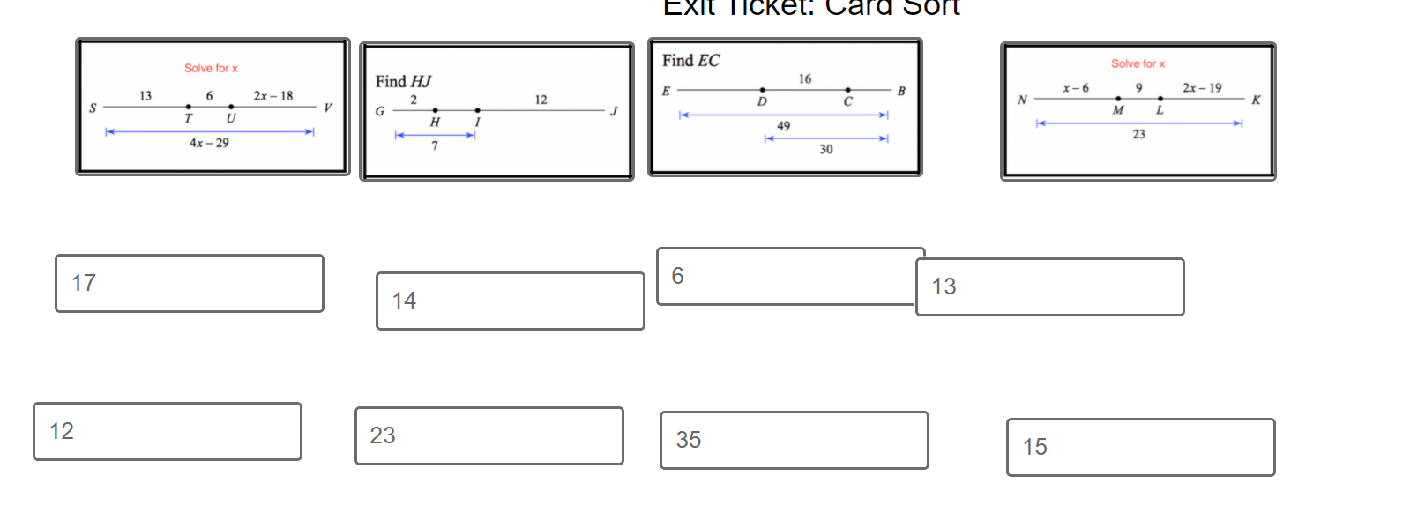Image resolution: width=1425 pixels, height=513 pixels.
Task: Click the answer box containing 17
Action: pyautogui.click(x=189, y=283)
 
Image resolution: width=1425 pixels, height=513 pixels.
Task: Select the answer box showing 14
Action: pyautogui.click(x=510, y=301)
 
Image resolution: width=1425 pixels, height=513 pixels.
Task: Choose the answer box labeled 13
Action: pyautogui.click(x=1049, y=286)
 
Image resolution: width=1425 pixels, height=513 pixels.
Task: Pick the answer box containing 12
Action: pyautogui.click(x=167, y=431)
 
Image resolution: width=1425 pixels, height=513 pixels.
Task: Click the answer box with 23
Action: pyautogui.click(x=489, y=435)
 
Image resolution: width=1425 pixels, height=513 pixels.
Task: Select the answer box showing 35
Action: pyautogui.click(x=794, y=440)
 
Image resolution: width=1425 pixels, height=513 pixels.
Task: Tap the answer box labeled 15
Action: pyautogui.click(x=1140, y=447)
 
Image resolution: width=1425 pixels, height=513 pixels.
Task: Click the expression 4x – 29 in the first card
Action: pyautogui.click(x=209, y=143)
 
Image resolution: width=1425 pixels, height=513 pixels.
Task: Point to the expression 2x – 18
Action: pyautogui.click(x=273, y=96)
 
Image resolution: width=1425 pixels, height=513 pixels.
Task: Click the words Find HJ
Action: pyautogui.click(x=403, y=82)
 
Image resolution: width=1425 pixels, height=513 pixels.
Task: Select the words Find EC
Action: pyautogui.click(x=690, y=61)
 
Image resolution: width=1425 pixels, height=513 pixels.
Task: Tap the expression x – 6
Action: pyautogui.click(x=1076, y=88)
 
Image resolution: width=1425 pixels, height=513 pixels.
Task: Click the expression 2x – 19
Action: pyautogui.click(x=1202, y=88)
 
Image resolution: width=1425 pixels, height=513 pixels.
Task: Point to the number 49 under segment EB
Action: pyautogui.click(x=783, y=126)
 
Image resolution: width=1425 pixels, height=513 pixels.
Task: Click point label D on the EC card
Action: pyautogui.click(x=762, y=102)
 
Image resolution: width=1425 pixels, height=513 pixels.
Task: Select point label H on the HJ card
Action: pyautogui.click(x=435, y=123)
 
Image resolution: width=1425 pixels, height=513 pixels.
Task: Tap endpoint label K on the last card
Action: pyautogui.click(x=1256, y=100)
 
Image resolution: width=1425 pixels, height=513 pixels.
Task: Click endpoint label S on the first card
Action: pyautogui.click(x=93, y=108)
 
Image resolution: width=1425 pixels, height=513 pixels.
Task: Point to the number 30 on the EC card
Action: pyautogui.click(x=825, y=150)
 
